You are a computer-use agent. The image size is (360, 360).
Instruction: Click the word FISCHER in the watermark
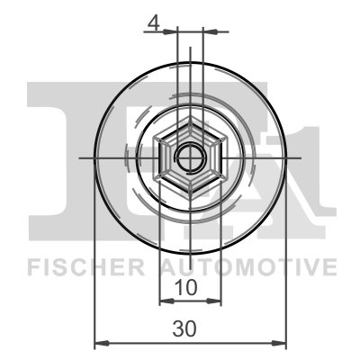point(86,267)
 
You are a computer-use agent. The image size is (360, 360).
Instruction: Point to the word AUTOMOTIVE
point(248,267)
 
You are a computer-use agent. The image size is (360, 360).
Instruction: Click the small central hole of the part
point(190,157)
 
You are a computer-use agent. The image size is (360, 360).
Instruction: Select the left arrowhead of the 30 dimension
point(100,343)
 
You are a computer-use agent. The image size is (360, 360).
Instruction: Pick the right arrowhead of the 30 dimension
point(281,343)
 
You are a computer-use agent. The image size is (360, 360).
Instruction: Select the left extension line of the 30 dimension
point(94,270)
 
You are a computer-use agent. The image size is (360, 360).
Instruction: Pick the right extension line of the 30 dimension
point(286,270)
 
